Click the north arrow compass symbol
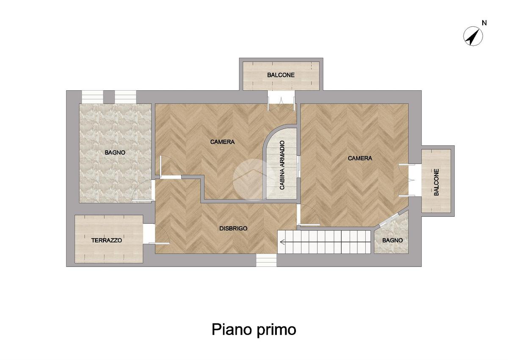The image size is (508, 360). (x=473, y=36)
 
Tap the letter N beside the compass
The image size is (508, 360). (x=484, y=23)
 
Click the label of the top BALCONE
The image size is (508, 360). (x=281, y=75)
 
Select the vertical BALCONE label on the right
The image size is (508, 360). (x=436, y=182)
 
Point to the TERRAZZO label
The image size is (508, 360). (x=107, y=241)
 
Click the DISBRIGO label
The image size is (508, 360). (x=233, y=229)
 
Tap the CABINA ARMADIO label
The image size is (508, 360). (x=282, y=165)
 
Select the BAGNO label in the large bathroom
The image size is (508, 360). (x=115, y=152)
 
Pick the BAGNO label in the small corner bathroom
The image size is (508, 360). (x=392, y=241)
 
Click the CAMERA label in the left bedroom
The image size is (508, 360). (x=222, y=142)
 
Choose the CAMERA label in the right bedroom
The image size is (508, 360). (x=360, y=158)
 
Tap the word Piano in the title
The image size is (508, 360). (x=232, y=329)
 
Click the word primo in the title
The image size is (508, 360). (x=276, y=330)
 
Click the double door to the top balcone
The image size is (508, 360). (x=281, y=103)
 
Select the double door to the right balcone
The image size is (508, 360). (x=407, y=180)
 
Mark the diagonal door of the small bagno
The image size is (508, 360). (x=390, y=219)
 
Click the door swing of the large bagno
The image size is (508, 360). (x=142, y=191)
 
